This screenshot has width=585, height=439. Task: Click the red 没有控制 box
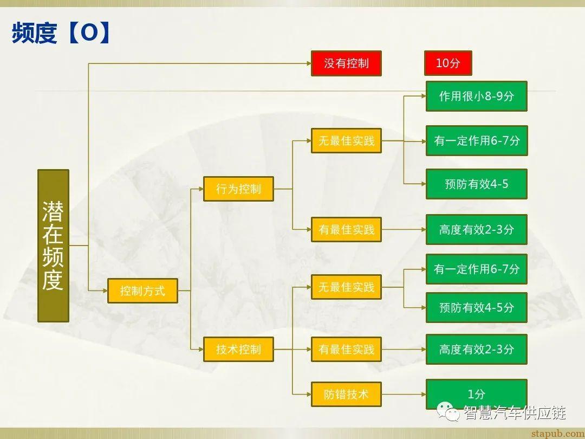(x=346, y=63)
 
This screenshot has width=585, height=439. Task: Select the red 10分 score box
(x=448, y=63)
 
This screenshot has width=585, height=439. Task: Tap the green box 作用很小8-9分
(x=476, y=96)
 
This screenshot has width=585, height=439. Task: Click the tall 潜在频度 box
(x=53, y=246)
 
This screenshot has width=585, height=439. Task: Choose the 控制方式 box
(x=142, y=291)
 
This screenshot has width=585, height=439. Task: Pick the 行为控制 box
(x=238, y=189)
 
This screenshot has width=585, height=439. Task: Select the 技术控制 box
(x=238, y=350)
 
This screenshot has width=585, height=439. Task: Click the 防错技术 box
(x=346, y=394)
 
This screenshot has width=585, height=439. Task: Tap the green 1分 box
(x=476, y=394)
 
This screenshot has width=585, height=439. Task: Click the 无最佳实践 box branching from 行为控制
(x=346, y=141)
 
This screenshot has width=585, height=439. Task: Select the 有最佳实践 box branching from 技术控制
(x=346, y=350)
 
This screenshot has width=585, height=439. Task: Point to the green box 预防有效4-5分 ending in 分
(x=476, y=307)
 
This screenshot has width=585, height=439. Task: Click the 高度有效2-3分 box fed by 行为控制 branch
(x=476, y=230)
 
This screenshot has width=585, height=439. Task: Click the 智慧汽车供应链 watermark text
(x=514, y=412)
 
